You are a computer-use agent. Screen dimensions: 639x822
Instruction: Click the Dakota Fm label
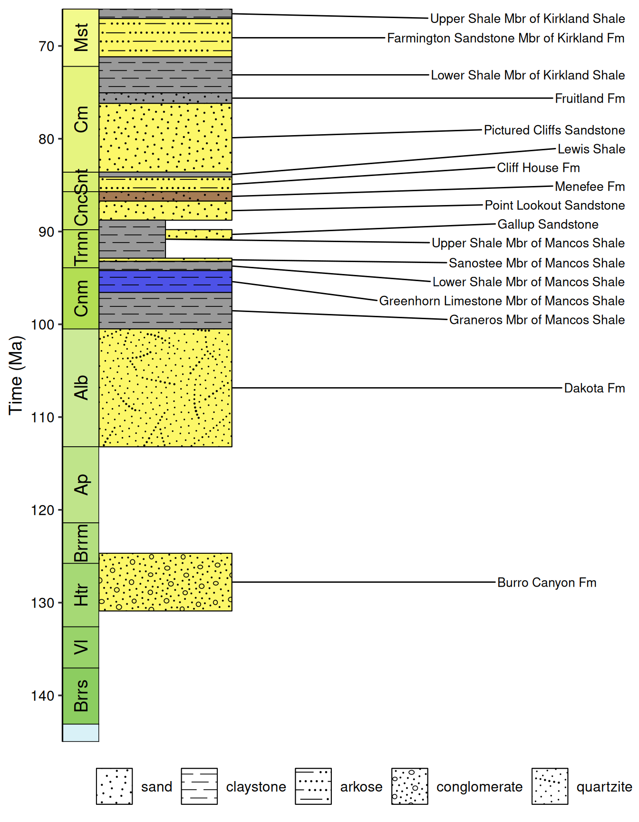[594, 388]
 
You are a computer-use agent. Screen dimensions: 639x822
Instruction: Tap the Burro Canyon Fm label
[547, 583]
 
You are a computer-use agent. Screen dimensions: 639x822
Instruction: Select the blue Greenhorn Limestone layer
[165, 281]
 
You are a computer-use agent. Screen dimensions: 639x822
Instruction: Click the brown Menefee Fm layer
[165, 196]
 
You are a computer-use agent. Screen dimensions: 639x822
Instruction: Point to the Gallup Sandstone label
[548, 225]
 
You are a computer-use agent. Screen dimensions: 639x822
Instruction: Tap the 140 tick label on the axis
[43, 696]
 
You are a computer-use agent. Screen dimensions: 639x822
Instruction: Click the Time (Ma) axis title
[16, 375]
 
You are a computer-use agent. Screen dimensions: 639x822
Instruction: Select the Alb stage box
[81, 388]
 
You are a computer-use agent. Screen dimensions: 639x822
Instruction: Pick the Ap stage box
[81, 485]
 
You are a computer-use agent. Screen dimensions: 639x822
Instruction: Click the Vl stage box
[81, 647]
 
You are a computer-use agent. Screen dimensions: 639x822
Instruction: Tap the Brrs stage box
[81, 696]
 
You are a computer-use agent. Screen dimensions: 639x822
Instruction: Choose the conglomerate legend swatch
[410, 786]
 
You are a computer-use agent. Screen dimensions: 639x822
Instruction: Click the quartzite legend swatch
[550, 786]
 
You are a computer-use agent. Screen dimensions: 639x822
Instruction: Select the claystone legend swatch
[199, 786]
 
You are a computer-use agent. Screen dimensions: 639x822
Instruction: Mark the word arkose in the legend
[361, 787]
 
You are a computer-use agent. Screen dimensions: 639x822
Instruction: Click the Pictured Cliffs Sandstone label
[554, 130]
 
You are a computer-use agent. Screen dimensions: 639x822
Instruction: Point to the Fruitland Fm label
[590, 98]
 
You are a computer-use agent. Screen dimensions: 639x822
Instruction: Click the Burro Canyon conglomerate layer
[165, 582]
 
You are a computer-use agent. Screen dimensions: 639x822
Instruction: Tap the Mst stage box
[81, 38]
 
